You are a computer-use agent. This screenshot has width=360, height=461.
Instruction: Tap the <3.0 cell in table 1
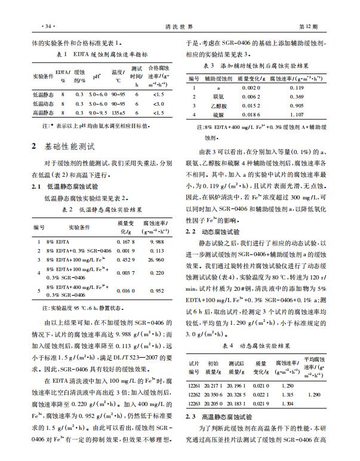158,103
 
